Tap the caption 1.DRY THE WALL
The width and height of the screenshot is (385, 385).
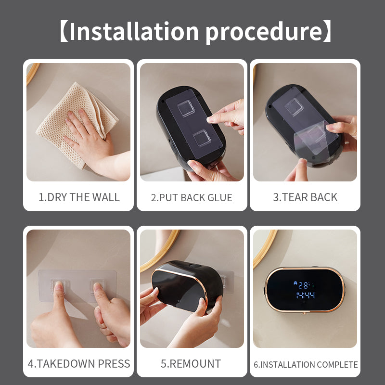79,197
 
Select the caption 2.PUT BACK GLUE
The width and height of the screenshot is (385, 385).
192,197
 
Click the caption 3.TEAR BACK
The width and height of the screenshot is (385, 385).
305,197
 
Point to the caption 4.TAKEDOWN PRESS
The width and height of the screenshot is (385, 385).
79,363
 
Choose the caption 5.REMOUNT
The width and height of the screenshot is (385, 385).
192,363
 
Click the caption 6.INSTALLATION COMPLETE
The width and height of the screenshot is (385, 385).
306,364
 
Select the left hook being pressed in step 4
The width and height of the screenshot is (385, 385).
59,289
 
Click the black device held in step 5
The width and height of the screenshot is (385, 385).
188,286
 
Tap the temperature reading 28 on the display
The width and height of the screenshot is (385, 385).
305,284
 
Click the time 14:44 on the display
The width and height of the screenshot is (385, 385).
305,295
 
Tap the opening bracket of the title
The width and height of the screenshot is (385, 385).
64,31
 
